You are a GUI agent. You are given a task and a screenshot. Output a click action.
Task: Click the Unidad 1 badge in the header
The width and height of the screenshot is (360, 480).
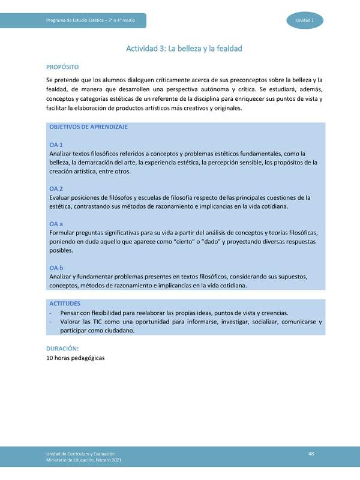point(309,20)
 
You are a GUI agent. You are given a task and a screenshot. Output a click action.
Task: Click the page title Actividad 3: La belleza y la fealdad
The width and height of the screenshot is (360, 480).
point(183,48)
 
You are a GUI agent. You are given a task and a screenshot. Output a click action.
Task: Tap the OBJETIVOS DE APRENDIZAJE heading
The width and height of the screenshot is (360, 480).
point(88,127)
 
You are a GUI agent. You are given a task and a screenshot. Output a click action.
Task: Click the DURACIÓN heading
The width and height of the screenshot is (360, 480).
point(63,348)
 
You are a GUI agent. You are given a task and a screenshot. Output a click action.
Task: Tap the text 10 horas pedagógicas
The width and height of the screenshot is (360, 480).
point(75,358)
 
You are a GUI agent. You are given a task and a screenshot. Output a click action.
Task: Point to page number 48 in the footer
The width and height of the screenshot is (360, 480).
point(311,453)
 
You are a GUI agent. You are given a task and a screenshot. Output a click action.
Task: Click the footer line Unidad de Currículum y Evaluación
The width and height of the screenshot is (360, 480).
point(80,454)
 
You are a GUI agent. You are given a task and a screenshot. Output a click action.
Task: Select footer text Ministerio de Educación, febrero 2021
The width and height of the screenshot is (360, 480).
point(85,460)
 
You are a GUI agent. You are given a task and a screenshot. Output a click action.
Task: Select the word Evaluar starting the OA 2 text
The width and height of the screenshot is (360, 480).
point(61,197)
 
